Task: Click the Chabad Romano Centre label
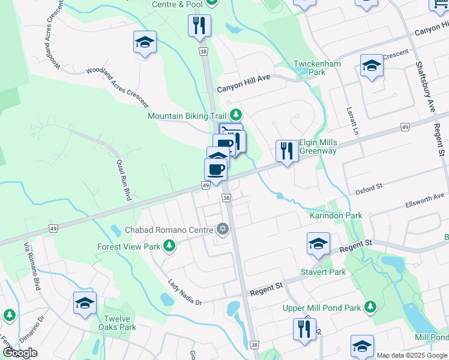(169, 230)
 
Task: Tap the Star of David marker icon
(223, 229)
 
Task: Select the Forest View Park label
(129, 246)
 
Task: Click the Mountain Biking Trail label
(187, 115)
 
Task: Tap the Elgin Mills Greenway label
(318, 147)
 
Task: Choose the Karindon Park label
(336, 215)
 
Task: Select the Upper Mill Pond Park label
(322, 308)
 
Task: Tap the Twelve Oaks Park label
(119, 322)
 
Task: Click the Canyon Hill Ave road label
(244, 88)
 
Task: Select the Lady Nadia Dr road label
(185, 292)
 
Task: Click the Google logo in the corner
(20, 352)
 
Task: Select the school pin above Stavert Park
(318, 244)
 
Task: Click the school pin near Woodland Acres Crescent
(145, 43)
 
